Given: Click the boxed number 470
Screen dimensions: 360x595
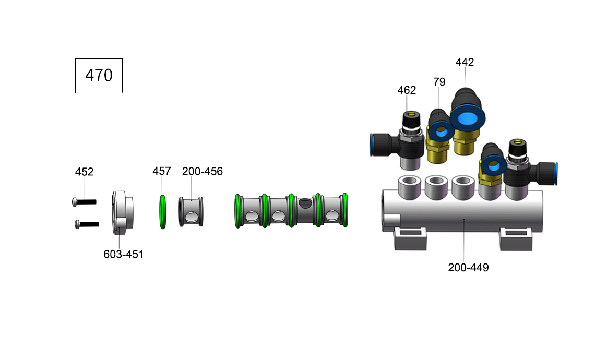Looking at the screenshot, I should pyautogui.click(x=99, y=76).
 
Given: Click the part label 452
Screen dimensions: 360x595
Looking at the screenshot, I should pyautogui.click(x=84, y=172).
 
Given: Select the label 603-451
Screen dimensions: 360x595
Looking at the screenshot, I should pyautogui.click(x=123, y=254).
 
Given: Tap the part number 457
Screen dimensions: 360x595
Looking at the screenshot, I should pyautogui.click(x=161, y=171).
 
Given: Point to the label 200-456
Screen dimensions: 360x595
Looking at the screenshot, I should pyautogui.click(x=202, y=171).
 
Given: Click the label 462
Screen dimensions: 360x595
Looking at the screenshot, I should pyautogui.click(x=407, y=90).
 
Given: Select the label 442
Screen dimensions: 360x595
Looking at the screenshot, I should pyautogui.click(x=465, y=62).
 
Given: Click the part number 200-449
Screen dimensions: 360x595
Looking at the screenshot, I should pyautogui.click(x=468, y=268).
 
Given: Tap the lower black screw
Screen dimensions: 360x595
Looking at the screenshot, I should pyautogui.click(x=87, y=224).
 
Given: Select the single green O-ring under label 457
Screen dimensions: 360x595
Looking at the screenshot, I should pyautogui.click(x=162, y=212).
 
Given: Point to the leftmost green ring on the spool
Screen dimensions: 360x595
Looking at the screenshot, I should pyautogui.click(x=238, y=211).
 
